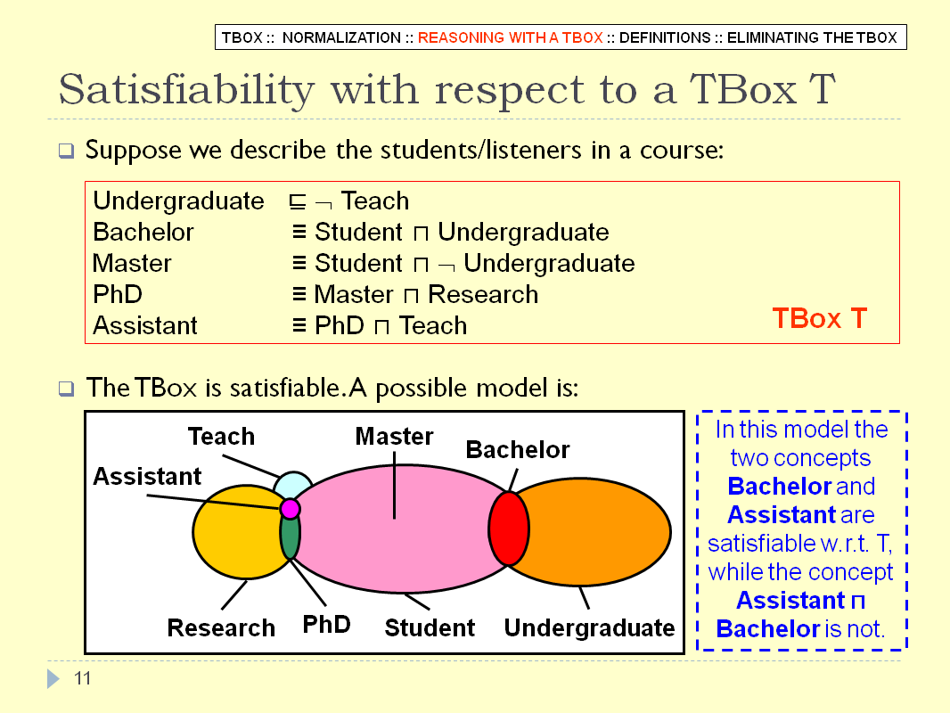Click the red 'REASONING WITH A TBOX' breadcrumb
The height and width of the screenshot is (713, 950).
click(x=510, y=37)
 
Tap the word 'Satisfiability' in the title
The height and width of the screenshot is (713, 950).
click(x=186, y=90)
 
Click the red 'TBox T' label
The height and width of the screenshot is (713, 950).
click(x=820, y=318)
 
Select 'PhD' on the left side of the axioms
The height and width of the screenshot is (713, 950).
click(x=118, y=294)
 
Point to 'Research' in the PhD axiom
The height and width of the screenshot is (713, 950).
click(x=483, y=294)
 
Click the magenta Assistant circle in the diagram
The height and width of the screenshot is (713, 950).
click(x=291, y=508)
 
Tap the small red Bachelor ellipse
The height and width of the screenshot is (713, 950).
click(x=509, y=529)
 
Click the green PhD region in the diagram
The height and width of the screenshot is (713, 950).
click(x=291, y=538)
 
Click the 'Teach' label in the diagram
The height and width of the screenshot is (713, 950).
click(x=221, y=436)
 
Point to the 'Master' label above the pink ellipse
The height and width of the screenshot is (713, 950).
click(x=394, y=436)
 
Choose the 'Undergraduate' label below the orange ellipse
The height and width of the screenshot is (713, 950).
click(x=589, y=627)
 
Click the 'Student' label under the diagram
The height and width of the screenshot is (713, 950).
click(x=430, y=627)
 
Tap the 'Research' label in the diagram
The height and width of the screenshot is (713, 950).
click(x=221, y=627)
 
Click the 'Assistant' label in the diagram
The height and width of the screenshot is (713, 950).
click(x=147, y=476)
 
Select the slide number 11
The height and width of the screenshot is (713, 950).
click(x=82, y=678)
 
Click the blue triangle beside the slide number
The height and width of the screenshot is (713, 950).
click(x=53, y=678)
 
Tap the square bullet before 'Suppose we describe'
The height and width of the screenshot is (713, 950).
click(x=66, y=151)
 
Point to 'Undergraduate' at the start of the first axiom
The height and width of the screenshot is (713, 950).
click(x=179, y=201)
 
